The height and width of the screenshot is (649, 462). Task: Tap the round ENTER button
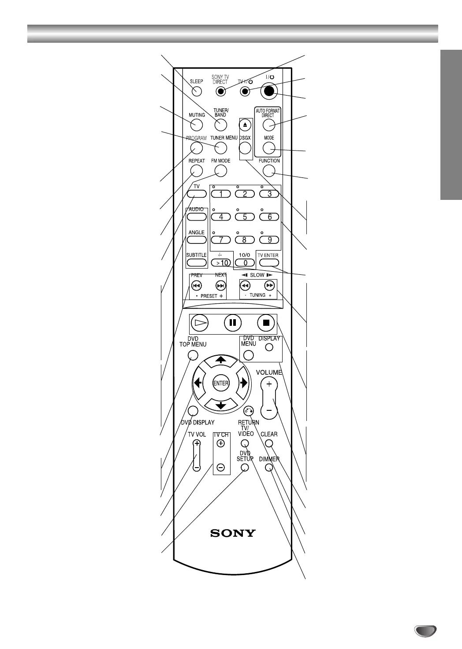tap(220, 383)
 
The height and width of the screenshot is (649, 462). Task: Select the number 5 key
tap(245, 217)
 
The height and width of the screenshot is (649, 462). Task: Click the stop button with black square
tap(266, 323)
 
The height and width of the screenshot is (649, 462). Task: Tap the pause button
tap(233, 323)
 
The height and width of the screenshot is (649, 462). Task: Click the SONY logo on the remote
tap(233, 533)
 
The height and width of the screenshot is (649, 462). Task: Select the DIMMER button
tap(269, 467)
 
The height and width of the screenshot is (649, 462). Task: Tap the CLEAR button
tap(269, 443)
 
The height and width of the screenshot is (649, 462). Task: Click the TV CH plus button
tap(221, 444)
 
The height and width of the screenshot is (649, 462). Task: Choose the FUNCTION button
tap(269, 170)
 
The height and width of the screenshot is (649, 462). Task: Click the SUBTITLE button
tap(197, 263)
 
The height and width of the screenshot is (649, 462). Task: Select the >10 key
tap(221, 263)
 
